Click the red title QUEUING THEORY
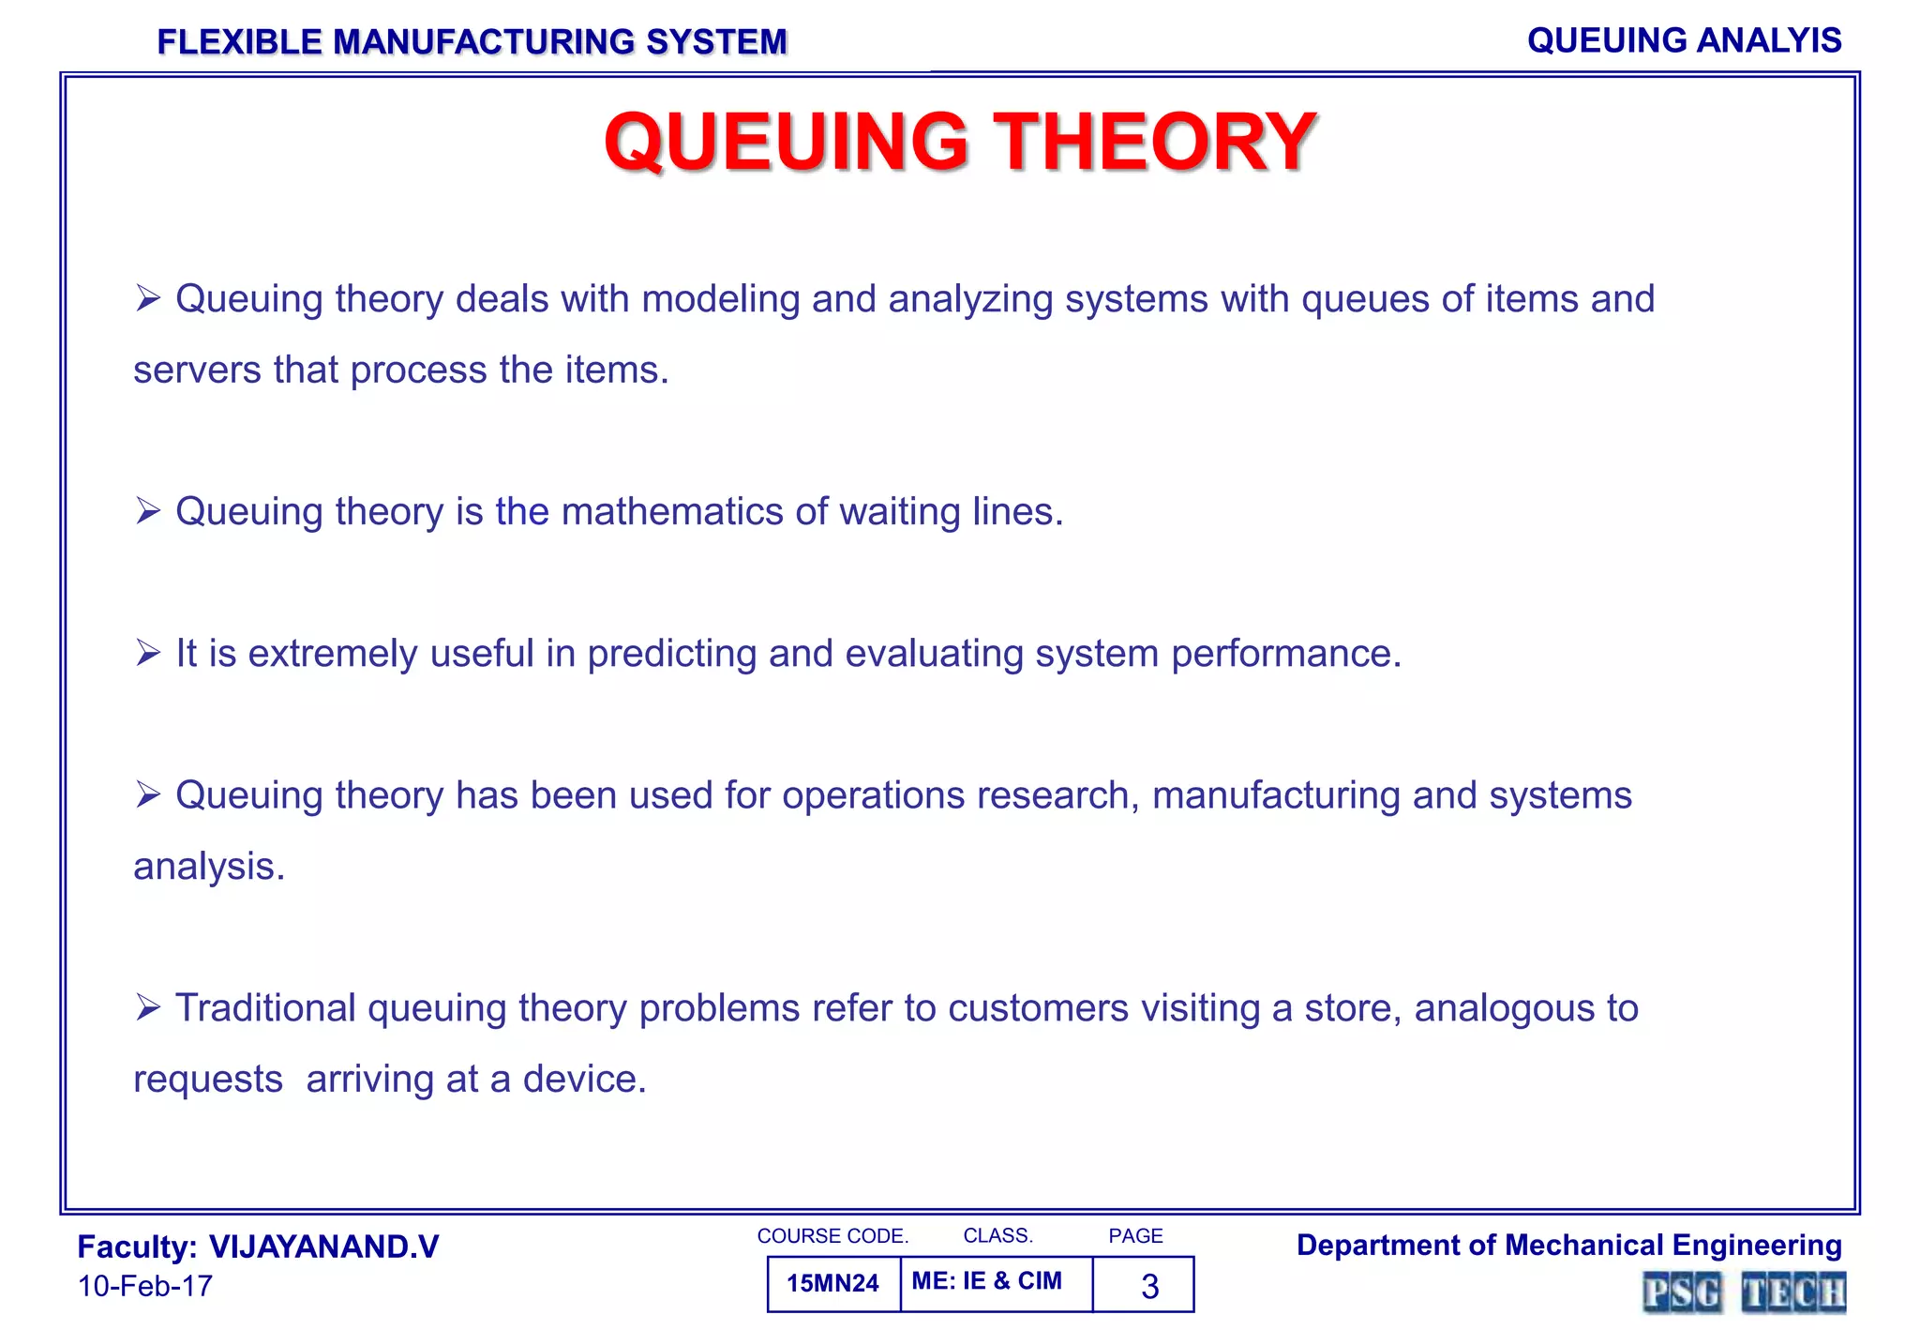[960, 142]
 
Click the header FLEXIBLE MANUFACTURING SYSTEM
[472, 42]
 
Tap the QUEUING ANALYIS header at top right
[1684, 40]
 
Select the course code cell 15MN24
[832, 1283]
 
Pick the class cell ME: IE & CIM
[986, 1281]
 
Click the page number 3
[1149, 1286]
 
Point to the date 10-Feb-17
[145, 1286]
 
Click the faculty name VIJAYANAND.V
[323, 1247]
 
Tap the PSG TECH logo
[1743, 1292]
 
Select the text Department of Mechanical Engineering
[1568, 1245]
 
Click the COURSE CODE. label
[832, 1236]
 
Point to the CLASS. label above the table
[997, 1236]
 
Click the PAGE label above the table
[1135, 1236]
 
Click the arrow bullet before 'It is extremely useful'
[148, 653]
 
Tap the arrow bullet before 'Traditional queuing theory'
[148, 1007]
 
